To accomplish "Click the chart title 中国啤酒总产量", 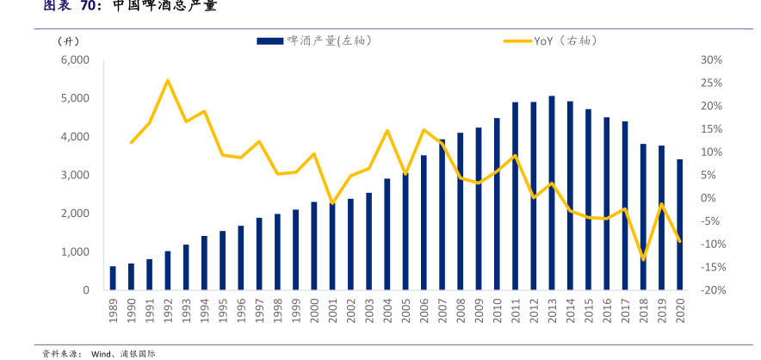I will pyautogui.click(x=164, y=7).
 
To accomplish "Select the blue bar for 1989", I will pyautogui.click(x=113, y=278).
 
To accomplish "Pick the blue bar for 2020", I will pyautogui.click(x=680, y=225).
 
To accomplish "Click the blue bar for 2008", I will pyautogui.click(x=461, y=211).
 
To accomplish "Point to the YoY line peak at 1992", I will pyautogui.click(x=167, y=80).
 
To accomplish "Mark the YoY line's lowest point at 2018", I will pyautogui.click(x=643, y=259).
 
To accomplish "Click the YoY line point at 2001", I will pyautogui.click(x=332, y=204).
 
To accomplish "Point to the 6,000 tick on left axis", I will pyautogui.click(x=75, y=59).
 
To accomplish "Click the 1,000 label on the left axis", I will pyautogui.click(x=75, y=251).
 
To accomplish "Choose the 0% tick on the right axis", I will pyautogui.click(x=708, y=198).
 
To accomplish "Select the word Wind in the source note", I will pyautogui.click(x=103, y=353).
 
